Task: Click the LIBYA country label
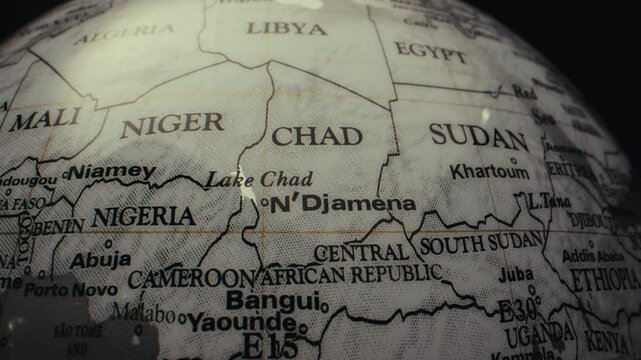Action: point(286,28)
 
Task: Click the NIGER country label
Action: point(172,125)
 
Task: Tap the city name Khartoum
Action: point(489,171)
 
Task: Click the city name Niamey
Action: point(111,173)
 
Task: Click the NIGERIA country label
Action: point(143,216)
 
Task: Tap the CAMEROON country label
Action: point(192,278)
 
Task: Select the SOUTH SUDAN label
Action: point(481,244)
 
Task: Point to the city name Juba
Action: point(516,273)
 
